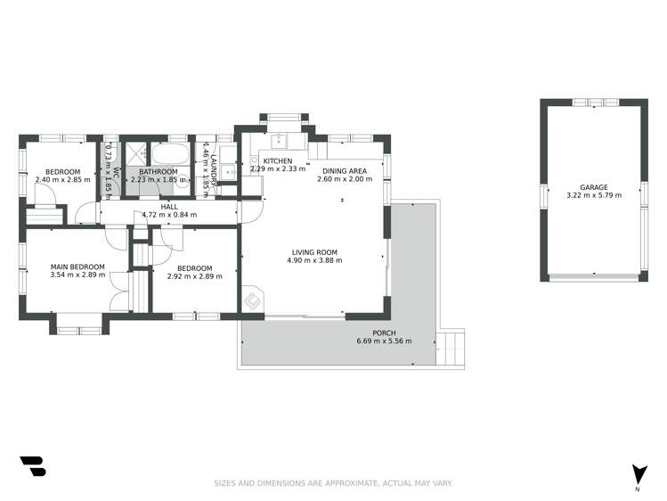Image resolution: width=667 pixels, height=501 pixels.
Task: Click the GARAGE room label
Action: coord(594,187)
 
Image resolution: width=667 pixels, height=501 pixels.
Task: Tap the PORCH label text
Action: coord(384,333)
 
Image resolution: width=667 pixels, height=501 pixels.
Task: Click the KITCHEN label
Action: coord(277,160)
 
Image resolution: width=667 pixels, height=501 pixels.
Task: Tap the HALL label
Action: coord(168,205)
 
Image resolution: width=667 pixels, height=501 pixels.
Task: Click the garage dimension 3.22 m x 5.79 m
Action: coord(594,195)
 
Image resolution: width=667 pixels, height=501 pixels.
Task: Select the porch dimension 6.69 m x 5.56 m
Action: coord(384,341)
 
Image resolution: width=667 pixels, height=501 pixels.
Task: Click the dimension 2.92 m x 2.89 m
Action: coord(194,276)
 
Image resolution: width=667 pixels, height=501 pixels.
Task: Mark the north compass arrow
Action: coord(639,474)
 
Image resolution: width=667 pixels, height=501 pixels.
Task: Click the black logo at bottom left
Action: coord(32,466)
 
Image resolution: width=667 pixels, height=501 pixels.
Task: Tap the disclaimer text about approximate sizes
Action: coord(333,483)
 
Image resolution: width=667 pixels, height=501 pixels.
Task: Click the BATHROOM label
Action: coord(158,171)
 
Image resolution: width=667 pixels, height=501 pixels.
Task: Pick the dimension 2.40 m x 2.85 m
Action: coord(63,179)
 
